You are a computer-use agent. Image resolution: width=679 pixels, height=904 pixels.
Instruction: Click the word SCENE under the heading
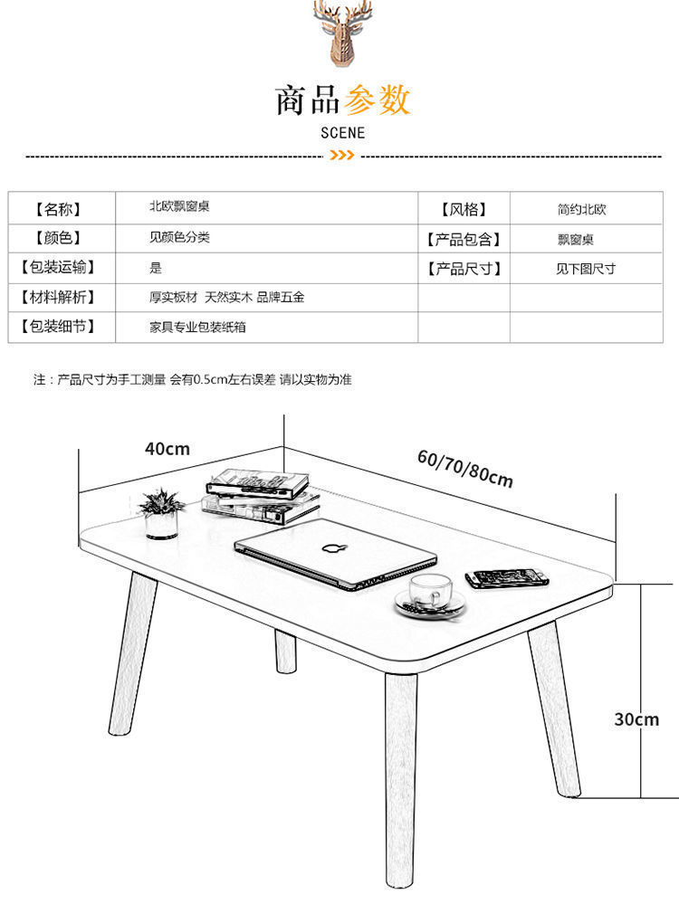tap(343, 132)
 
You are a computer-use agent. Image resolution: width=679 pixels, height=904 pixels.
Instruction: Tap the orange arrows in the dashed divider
tap(341, 157)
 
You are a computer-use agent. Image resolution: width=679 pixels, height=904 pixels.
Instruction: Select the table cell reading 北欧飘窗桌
tap(180, 206)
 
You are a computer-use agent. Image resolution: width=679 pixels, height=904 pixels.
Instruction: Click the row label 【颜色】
tap(57, 238)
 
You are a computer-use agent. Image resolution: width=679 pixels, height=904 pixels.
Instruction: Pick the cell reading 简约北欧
tap(581, 209)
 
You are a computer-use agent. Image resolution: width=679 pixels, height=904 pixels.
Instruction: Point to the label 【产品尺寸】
tap(463, 269)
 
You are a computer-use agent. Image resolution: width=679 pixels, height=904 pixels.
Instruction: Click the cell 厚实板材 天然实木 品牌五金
tap(226, 297)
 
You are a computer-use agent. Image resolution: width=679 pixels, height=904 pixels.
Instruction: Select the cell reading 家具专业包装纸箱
tap(197, 327)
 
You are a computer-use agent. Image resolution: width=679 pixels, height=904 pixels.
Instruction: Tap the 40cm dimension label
tap(167, 448)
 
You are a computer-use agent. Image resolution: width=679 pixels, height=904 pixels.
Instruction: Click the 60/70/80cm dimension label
tap(464, 467)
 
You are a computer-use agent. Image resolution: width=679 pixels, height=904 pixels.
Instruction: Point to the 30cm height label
tap(636, 719)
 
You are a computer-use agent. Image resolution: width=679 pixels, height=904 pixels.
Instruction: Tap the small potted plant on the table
tap(163, 513)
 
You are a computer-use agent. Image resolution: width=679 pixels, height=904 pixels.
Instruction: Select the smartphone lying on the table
tap(508, 577)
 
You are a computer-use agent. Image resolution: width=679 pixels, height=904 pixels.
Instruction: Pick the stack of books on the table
tap(261, 494)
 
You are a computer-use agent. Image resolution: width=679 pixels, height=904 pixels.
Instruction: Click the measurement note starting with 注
tap(192, 380)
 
